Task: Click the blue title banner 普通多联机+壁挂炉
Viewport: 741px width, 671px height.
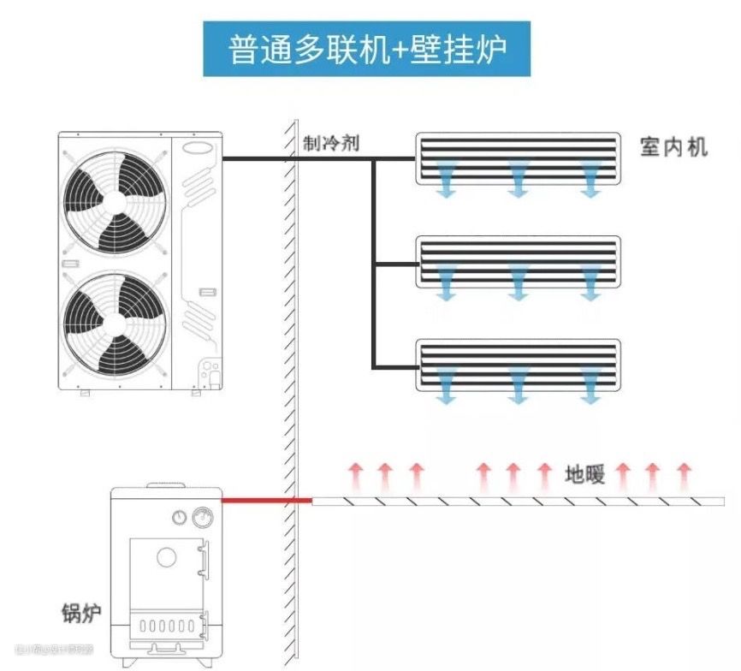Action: coord(366,49)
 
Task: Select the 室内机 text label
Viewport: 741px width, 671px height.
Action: coord(674,146)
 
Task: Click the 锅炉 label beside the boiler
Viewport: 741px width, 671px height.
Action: coord(81,613)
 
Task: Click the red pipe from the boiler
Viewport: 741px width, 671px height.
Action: coord(266,499)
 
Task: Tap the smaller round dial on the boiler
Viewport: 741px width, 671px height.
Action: coord(180,517)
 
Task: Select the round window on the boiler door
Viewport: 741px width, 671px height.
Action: coord(167,557)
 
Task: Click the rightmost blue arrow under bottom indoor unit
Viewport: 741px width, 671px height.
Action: coord(590,387)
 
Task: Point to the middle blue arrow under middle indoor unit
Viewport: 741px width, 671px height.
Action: coord(517,284)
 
